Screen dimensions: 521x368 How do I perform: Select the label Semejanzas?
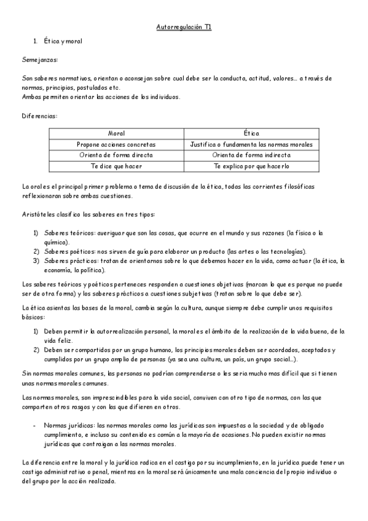click(39, 60)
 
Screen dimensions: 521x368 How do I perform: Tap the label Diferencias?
click(40, 116)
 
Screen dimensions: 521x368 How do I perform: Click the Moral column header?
click(116, 133)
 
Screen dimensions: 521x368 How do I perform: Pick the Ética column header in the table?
click(251, 133)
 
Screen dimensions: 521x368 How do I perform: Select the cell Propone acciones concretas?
click(116, 144)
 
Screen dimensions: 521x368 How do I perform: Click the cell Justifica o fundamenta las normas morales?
click(251, 144)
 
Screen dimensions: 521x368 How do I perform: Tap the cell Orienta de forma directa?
click(116, 155)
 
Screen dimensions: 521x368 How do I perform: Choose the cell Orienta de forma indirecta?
click(251, 155)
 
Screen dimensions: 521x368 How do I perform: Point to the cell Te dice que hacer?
click(116, 166)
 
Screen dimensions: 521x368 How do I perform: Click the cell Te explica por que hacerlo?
click(251, 166)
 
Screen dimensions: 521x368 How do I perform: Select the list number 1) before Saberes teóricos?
click(36, 233)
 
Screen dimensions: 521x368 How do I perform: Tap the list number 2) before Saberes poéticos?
click(36, 251)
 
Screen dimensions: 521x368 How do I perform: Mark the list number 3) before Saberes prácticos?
click(36, 260)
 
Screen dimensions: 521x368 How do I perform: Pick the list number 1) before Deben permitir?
click(36, 331)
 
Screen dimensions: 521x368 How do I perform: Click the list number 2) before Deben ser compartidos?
click(36, 350)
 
